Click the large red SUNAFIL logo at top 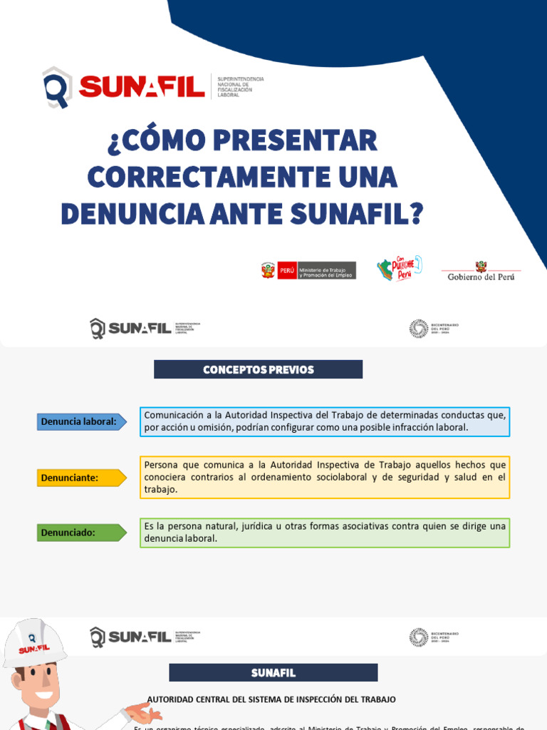pos(142,87)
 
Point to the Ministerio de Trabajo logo pos(308,271)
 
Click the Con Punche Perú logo pos(399,269)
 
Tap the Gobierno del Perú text pos(481,277)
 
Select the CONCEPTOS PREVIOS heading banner pos(258,369)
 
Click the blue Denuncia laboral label pos(80,421)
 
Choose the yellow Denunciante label pos(80,478)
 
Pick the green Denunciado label pos(80,533)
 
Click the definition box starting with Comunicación pos(324,421)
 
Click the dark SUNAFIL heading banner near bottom pos(273,673)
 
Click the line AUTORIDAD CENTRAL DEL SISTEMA pos(271,699)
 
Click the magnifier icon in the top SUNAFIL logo pos(57,87)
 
